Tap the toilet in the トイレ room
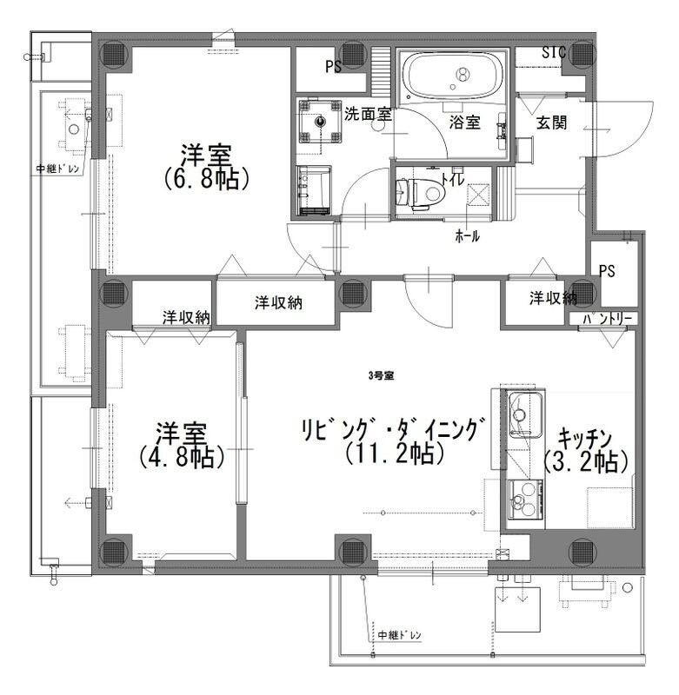[x=420, y=193]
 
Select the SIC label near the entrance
[x=554, y=53]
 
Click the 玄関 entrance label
[x=552, y=122]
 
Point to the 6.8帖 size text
[x=207, y=180]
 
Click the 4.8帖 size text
[x=181, y=457]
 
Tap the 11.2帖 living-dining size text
[x=394, y=453]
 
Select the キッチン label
[x=585, y=439]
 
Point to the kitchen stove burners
[x=525, y=499]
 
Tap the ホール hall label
[x=468, y=236]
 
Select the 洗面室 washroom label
[x=368, y=115]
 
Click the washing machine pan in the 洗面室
[x=320, y=121]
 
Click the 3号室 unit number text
[x=382, y=376]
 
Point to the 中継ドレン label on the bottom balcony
[x=400, y=635]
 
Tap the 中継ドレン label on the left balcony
[x=57, y=169]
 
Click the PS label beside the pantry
[x=607, y=271]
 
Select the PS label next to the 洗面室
[x=334, y=67]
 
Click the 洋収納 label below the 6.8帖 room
[x=278, y=302]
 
